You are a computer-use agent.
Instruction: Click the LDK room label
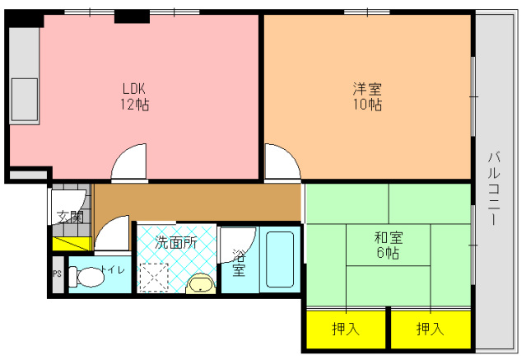134,89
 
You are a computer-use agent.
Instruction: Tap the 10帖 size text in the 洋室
367,105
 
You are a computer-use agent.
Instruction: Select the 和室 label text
389,238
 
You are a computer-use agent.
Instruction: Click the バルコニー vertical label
494,189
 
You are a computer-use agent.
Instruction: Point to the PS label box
58,274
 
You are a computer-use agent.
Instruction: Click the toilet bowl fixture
87,277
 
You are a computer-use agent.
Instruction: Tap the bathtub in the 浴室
280,259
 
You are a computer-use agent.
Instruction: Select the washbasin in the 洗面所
201,283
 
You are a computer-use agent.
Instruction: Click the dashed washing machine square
154,278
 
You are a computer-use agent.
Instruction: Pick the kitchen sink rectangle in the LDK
25,100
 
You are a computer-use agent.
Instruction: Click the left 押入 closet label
346,329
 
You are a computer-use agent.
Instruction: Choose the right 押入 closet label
431,329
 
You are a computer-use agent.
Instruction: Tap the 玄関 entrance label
70,217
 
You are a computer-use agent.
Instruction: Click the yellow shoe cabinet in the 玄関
72,244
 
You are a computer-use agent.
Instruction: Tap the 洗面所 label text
176,242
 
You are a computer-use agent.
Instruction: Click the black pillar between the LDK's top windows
132,16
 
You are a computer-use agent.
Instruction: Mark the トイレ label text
113,269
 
